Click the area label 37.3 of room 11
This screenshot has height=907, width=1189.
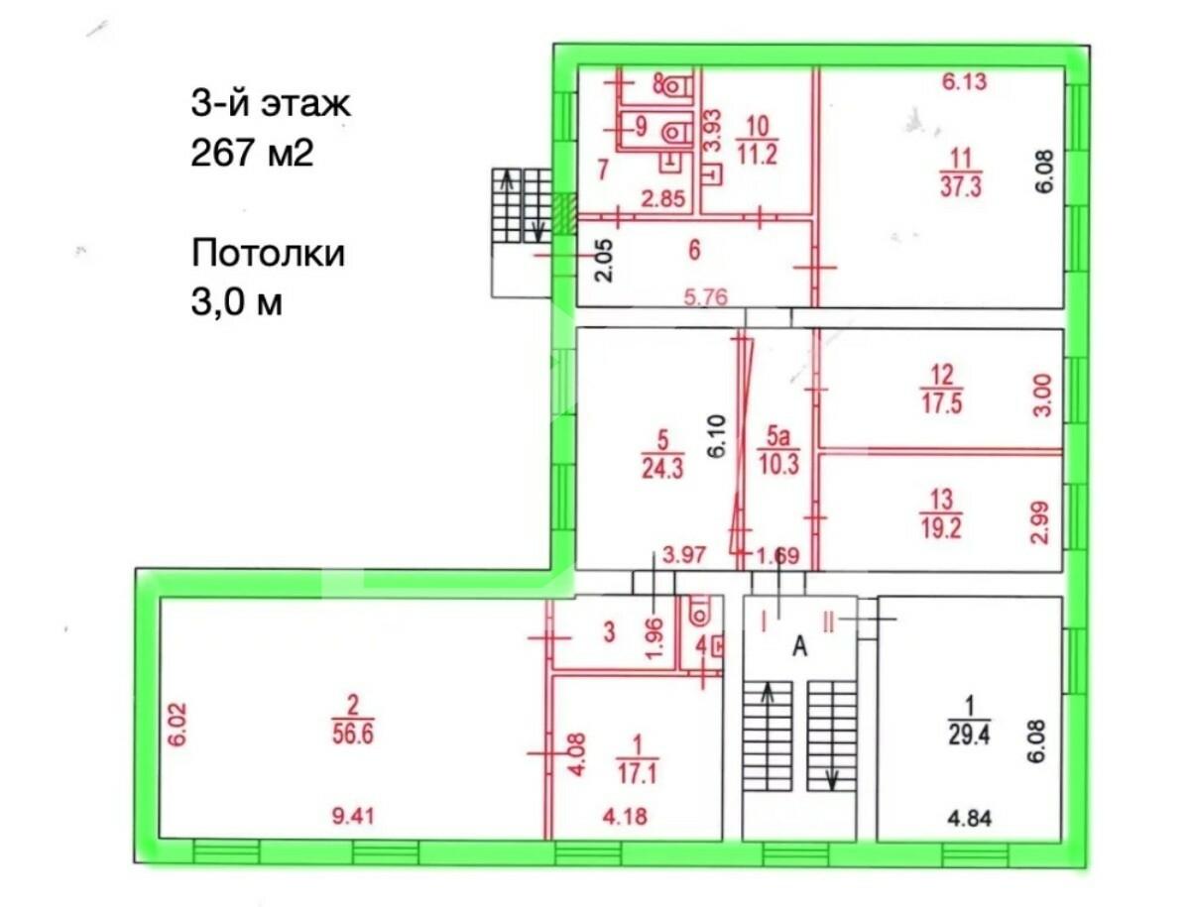point(961,186)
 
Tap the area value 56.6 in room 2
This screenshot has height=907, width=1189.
point(353,734)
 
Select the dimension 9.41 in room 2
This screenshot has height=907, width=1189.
point(353,816)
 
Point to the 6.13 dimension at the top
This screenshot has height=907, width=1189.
point(965,81)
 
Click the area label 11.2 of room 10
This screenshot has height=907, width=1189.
point(758,155)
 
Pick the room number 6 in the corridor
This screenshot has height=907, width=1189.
point(694,250)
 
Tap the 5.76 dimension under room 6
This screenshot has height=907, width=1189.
point(706,297)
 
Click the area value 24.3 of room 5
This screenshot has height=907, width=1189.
point(662,468)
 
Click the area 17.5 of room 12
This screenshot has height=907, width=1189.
point(942,402)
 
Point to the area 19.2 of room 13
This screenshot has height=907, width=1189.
point(941,527)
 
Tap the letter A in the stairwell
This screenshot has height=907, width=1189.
point(799,646)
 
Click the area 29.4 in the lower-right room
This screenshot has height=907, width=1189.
point(969,734)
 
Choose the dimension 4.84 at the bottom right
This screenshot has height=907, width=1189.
point(969,819)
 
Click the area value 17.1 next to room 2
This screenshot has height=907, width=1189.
point(637,773)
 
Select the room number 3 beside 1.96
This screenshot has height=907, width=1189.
point(609,632)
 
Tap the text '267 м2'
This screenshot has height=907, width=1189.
point(252,153)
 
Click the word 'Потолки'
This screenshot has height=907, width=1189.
point(268,253)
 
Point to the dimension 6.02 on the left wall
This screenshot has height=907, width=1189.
point(177,726)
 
